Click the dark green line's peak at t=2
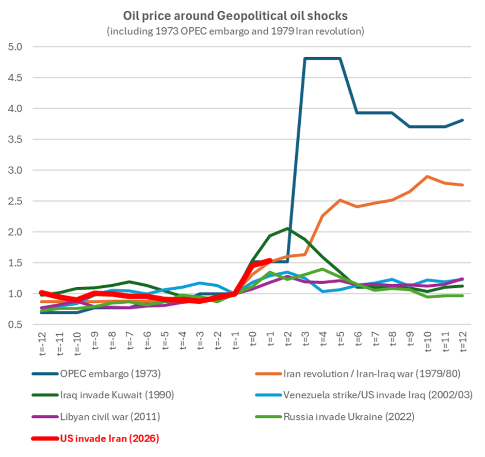point(287,228)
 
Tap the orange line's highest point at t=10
point(428,176)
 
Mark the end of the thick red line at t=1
point(270,260)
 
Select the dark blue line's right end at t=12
point(463,120)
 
